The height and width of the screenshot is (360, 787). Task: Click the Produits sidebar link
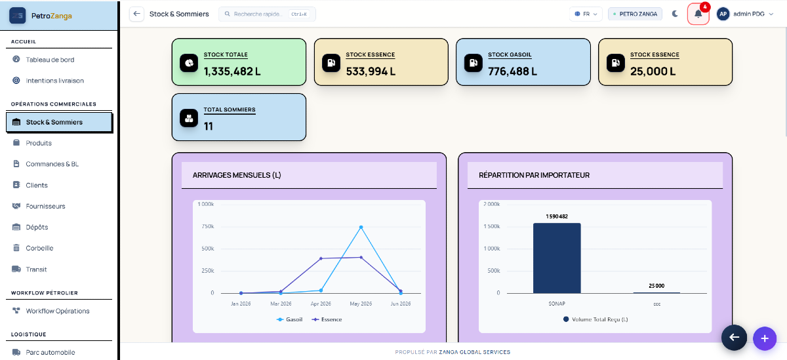coord(39,143)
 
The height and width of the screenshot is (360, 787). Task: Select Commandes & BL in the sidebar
coord(52,164)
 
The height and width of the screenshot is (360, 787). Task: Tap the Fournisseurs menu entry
coord(45,206)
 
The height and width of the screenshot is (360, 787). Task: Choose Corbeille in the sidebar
coord(39,248)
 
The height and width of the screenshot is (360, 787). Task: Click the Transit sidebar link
coord(36,270)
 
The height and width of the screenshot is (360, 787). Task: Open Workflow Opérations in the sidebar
coord(58,311)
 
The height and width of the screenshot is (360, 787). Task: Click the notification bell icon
coord(698,14)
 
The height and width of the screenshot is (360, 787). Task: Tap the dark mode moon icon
coord(675,14)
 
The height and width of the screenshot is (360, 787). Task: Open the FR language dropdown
coord(586,14)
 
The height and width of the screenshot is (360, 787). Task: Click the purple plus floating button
coord(765,338)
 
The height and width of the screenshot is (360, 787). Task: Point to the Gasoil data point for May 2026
coord(361,228)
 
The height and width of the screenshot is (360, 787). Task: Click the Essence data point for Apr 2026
coord(321,258)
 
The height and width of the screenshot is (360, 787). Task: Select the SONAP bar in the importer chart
coord(557,258)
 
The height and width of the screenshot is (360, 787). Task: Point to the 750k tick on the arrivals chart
coord(208,226)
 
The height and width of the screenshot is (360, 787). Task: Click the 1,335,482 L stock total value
coord(232,71)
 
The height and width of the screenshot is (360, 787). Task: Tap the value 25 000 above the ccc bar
coord(656,286)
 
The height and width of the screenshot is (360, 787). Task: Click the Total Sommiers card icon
coord(189,118)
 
